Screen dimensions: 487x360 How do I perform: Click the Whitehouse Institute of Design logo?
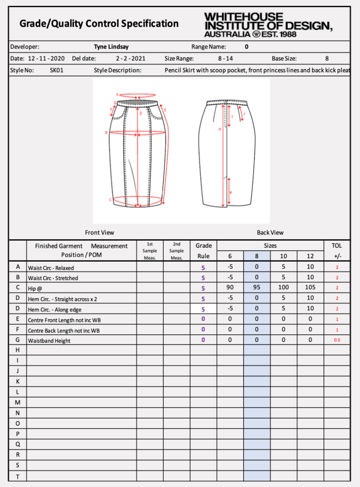[x=268, y=25]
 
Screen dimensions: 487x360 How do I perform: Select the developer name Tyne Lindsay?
[x=111, y=47]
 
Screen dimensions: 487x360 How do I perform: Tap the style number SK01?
[x=57, y=70]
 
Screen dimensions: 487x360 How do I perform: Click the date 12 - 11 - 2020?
[x=46, y=59]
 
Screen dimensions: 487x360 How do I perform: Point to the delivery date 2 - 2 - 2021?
[x=131, y=59]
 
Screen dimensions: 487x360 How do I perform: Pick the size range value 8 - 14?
[x=225, y=59]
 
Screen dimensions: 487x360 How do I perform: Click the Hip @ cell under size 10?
[x=283, y=288]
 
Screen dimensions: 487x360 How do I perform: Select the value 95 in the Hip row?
[x=257, y=288]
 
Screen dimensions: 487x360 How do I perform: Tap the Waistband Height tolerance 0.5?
[x=337, y=341]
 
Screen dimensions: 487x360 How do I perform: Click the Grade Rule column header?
[x=204, y=251]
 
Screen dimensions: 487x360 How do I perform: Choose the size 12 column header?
[x=310, y=256]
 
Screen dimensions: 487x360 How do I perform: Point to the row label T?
[x=18, y=476]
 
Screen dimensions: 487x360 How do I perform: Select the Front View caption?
[x=99, y=233]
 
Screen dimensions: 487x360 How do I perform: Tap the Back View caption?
[x=270, y=233]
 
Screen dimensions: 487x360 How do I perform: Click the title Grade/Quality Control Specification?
[x=99, y=24]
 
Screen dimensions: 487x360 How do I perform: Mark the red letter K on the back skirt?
[x=231, y=192]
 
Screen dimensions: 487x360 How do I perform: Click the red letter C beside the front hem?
[x=110, y=200]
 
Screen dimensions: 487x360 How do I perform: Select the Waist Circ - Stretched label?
[x=53, y=278]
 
